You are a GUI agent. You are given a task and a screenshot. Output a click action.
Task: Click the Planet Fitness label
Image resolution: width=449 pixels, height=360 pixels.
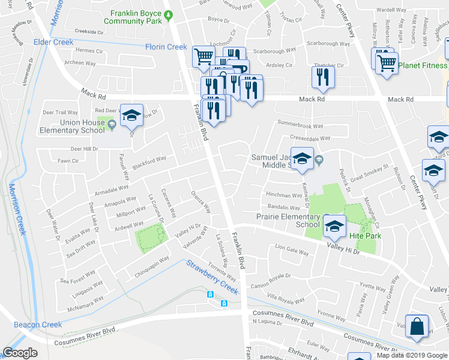423,65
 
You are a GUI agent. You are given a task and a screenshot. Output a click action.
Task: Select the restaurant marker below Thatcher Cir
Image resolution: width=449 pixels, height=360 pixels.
323,76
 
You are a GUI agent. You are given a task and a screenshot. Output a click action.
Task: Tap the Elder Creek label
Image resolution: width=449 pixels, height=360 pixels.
53,43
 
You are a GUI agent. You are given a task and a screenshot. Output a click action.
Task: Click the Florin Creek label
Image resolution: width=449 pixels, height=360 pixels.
166,47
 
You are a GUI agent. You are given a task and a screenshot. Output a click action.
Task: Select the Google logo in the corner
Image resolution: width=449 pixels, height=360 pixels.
20,353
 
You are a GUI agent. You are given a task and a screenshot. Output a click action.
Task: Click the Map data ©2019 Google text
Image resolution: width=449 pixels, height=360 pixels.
412,355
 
